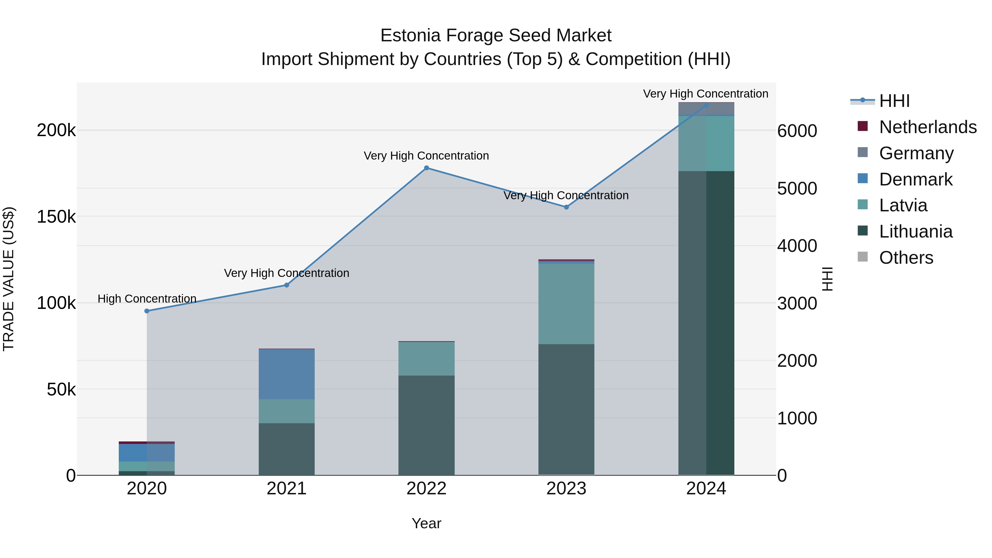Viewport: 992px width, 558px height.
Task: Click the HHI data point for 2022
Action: [426, 168]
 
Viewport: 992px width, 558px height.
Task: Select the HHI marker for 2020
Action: [147, 311]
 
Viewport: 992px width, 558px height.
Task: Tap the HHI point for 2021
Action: [287, 285]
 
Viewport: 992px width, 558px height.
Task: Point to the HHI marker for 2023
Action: [566, 207]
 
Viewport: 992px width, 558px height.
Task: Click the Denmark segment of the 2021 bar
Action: [287, 374]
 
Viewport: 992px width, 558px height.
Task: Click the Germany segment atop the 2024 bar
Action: [706, 109]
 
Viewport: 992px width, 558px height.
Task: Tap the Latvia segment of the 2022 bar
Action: [426, 358]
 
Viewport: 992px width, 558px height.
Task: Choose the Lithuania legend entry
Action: [915, 231]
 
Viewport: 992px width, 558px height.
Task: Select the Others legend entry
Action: [906, 258]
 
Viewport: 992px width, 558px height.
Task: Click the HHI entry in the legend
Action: [894, 101]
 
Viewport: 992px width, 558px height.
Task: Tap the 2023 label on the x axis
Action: [566, 489]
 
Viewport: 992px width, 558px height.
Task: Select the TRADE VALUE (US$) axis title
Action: [9, 279]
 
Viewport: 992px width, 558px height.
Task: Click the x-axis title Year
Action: [426, 523]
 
